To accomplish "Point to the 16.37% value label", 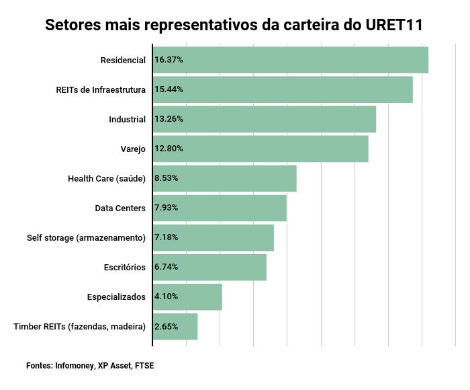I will pyautogui.click(x=169, y=60).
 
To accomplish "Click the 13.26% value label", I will pyautogui.click(x=169, y=119).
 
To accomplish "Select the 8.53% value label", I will pyautogui.click(x=167, y=178).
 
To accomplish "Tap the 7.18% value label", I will pyautogui.click(x=167, y=237).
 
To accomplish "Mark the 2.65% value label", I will pyautogui.click(x=167, y=326).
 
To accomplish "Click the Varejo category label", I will pyautogui.click(x=133, y=149).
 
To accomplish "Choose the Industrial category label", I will pyautogui.click(x=127, y=119).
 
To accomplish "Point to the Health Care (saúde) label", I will pyautogui.click(x=107, y=178).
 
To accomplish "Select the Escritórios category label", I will pyautogui.click(x=125, y=267).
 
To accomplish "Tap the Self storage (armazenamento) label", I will pyautogui.click(x=86, y=237).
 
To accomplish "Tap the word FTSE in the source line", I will pyautogui.click(x=144, y=366).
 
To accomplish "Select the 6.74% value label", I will pyautogui.click(x=167, y=267).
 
